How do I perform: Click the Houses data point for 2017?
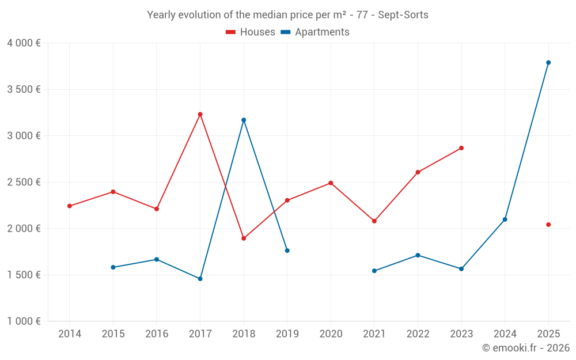click(x=200, y=115)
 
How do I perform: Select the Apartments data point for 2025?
click(x=548, y=63)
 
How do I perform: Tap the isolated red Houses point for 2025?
click(x=548, y=225)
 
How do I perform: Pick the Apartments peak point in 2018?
click(x=244, y=120)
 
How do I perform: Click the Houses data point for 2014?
click(x=70, y=206)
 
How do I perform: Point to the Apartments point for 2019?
click(x=287, y=251)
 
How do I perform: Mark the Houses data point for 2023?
click(x=461, y=148)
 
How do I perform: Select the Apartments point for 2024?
click(x=505, y=219)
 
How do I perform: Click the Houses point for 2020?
click(x=331, y=183)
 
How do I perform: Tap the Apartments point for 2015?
click(x=113, y=267)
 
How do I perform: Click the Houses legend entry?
click(x=251, y=32)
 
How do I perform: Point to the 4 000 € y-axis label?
click(x=24, y=43)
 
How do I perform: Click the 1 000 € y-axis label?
click(x=24, y=321)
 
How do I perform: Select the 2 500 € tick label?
click(x=24, y=182)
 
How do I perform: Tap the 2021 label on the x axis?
click(x=374, y=334)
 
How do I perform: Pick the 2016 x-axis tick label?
click(x=157, y=334)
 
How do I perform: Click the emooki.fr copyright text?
click(x=525, y=348)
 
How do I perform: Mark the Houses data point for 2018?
click(x=244, y=238)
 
